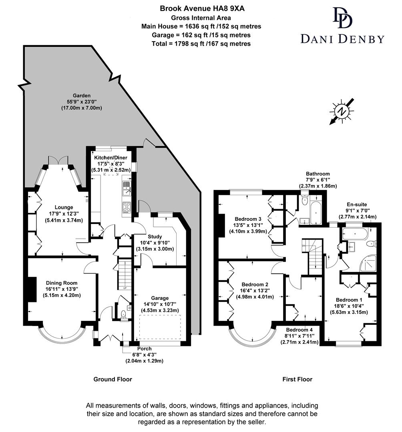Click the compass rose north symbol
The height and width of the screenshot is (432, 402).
341,111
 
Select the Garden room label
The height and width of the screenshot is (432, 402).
82,96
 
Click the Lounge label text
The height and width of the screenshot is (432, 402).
64,207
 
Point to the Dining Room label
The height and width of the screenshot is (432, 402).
61,283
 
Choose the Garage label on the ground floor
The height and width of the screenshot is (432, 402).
160,298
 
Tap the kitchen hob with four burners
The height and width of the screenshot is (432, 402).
127,207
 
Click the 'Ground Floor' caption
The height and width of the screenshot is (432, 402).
113,379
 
